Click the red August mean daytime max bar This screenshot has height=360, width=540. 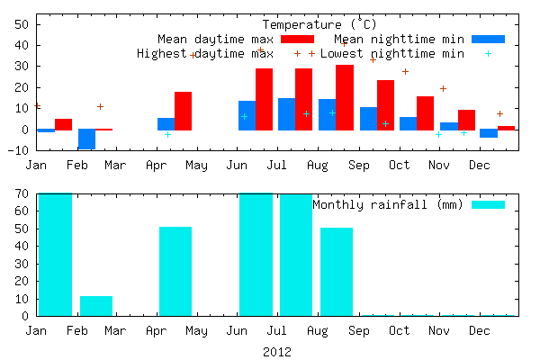(345, 97)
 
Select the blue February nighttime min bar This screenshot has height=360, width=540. (86, 139)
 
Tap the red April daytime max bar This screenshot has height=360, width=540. (184, 111)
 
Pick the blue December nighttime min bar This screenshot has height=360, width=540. (489, 133)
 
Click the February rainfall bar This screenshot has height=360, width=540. (96, 306)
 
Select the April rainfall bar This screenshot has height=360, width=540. (175, 271)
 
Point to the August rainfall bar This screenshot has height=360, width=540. (337, 272)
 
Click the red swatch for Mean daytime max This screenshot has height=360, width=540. (298, 40)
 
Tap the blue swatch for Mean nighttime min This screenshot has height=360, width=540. (489, 40)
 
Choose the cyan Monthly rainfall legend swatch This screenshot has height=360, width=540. (489, 204)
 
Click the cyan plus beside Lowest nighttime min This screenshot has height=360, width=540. (488, 54)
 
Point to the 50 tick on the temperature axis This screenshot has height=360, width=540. (22, 24)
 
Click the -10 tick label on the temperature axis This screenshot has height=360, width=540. (19, 150)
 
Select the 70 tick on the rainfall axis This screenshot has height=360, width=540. (22, 193)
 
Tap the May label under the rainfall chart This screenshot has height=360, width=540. (196, 331)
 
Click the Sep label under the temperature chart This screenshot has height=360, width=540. (359, 166)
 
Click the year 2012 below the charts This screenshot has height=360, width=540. (277, 352)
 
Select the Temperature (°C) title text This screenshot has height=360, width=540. (319, 24)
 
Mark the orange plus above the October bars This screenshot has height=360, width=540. (405, 72)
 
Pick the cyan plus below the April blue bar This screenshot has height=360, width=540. (167, 134)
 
